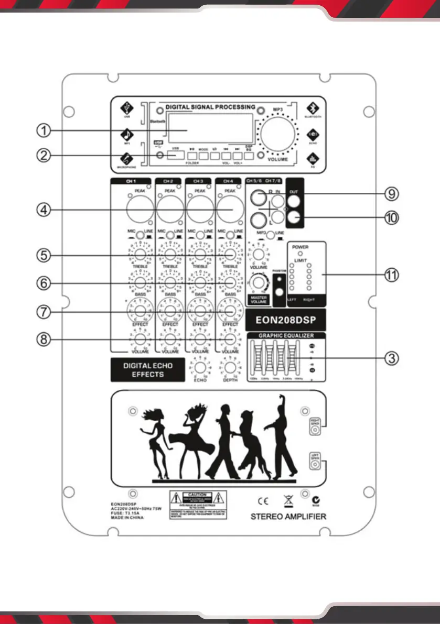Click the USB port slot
click(175, 156)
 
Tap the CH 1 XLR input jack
click(140, 211)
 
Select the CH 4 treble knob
click(230, 255)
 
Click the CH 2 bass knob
click(170, 283)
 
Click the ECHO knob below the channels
click(200, 367)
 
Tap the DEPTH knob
click(230, 367)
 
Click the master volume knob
click(258, 283)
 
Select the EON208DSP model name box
click(284, 319)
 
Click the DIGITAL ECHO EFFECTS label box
click(147, 370)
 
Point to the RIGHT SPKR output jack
click(315, 430)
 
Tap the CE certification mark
click(261, 498)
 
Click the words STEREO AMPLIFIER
click(288, 517)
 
